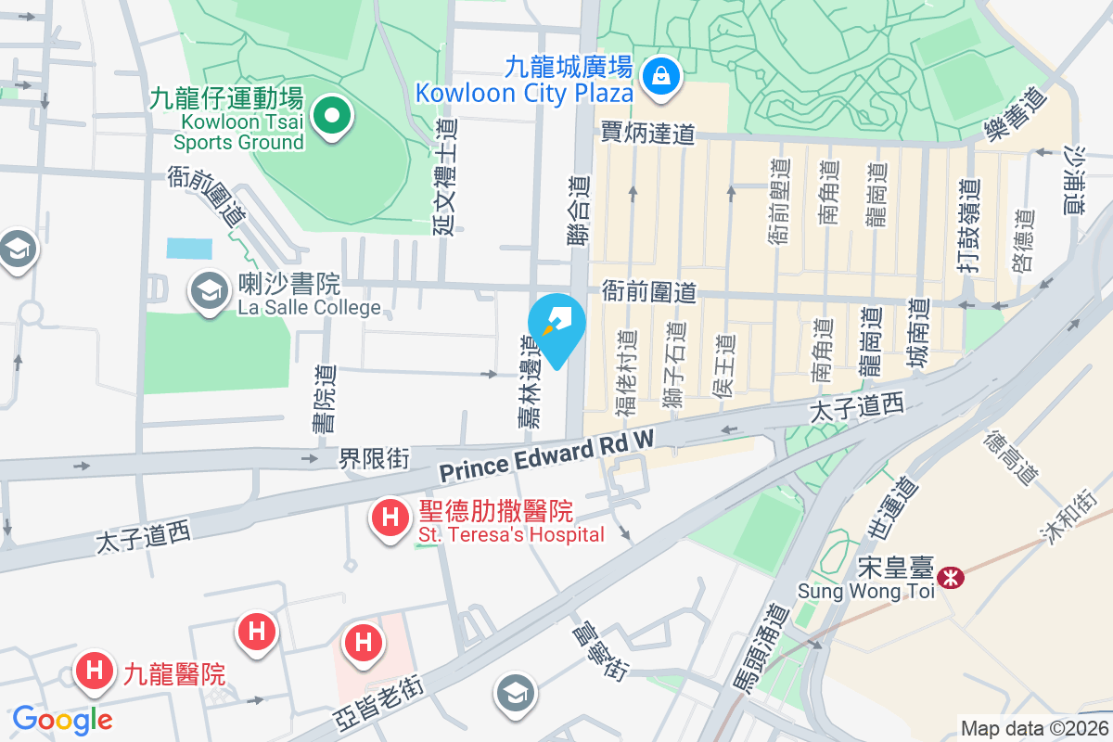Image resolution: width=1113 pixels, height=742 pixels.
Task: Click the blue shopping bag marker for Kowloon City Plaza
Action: (662, 75)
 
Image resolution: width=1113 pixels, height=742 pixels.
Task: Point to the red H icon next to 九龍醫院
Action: (95, 670)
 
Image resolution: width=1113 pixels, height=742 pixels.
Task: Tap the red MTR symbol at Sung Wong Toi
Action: (950, 578)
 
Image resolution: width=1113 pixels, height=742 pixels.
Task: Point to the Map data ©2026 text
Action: (1033, 728)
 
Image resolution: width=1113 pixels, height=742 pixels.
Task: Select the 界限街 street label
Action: (374, 457)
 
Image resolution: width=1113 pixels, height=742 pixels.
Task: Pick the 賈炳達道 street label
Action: (647, 134)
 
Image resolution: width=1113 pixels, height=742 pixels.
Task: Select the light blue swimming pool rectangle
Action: (189, 249)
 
